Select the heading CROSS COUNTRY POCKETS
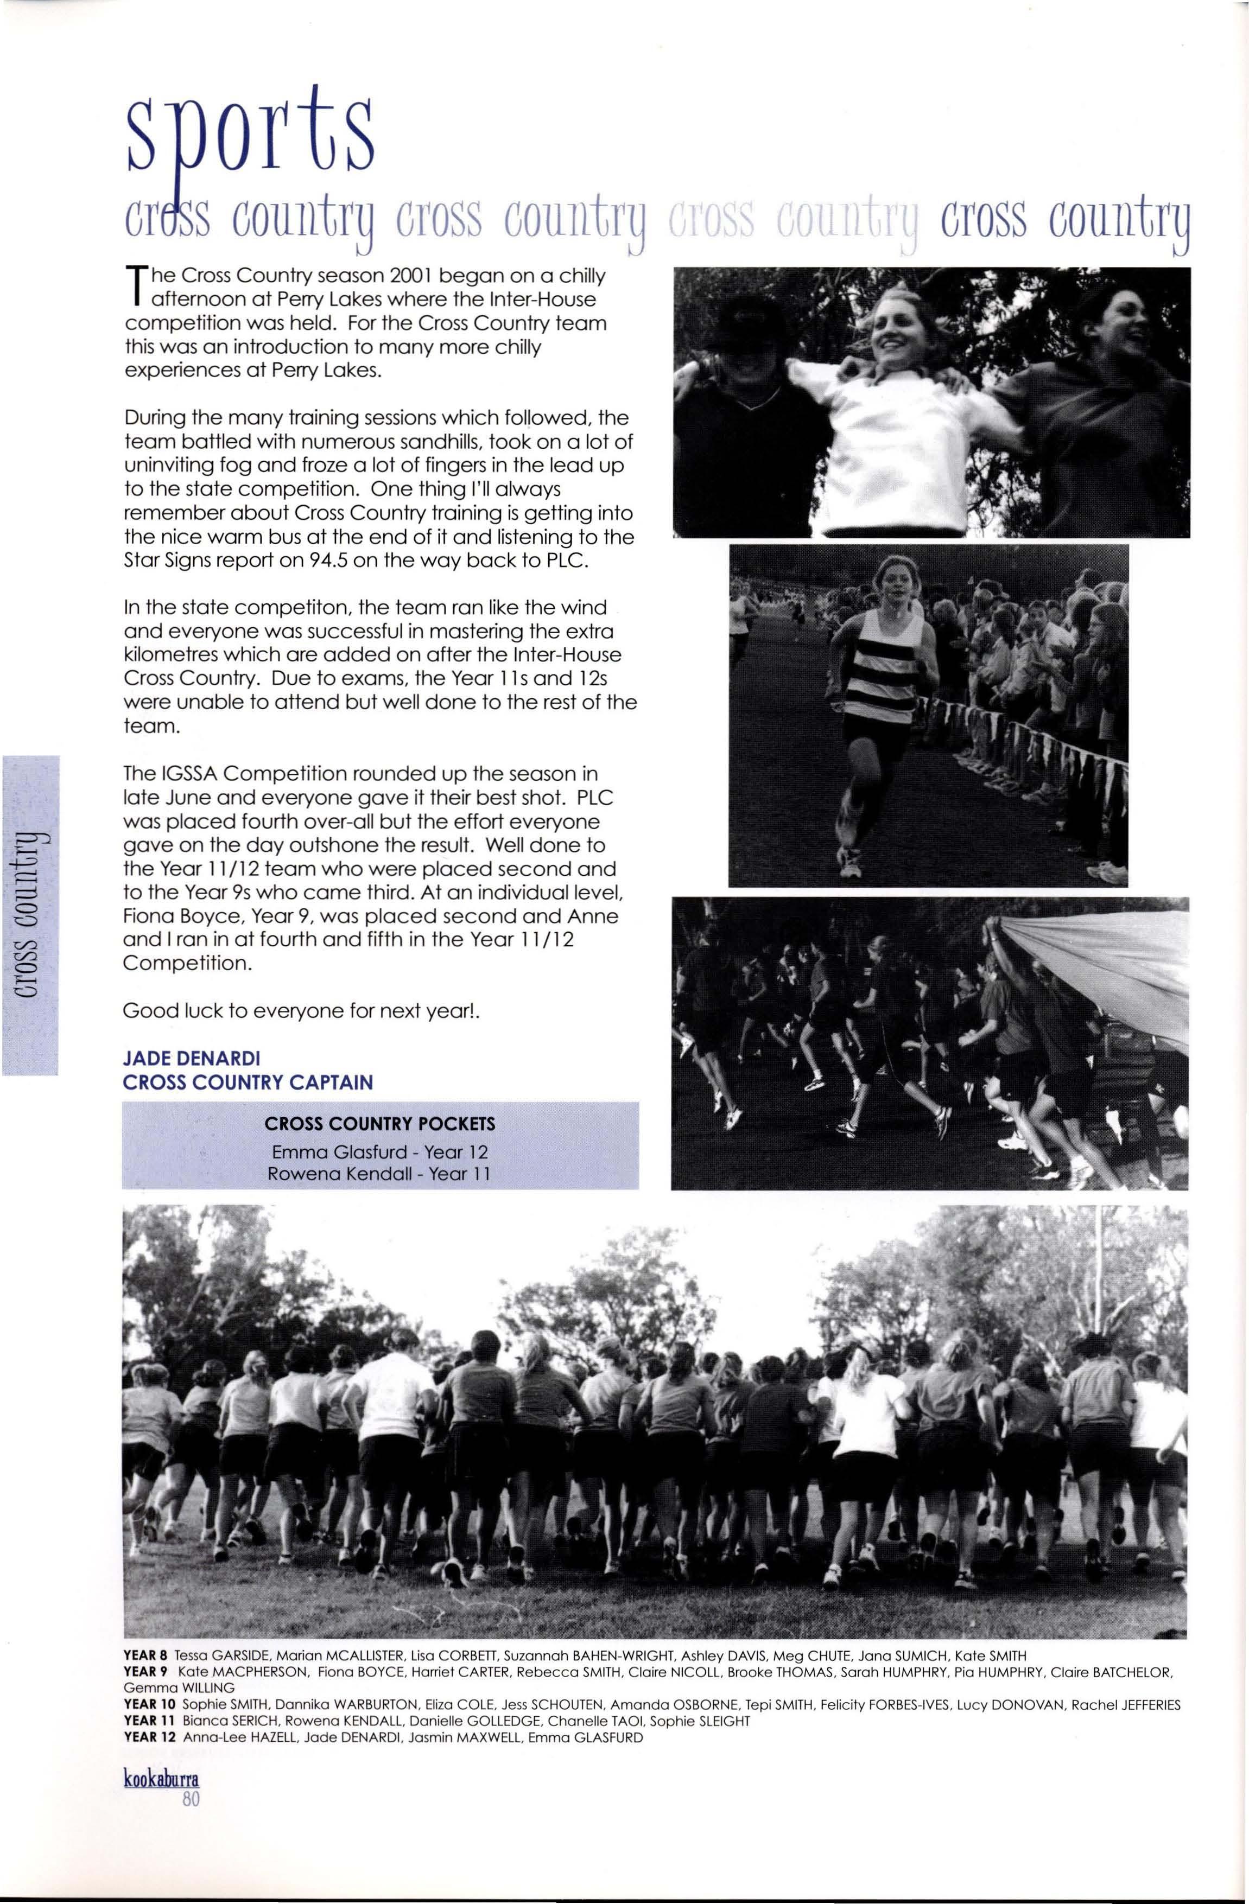380,1124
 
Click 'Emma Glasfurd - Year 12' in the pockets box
380,1153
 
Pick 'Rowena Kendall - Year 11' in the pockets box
380,1174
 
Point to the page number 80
189,1823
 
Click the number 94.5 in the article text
325,559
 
